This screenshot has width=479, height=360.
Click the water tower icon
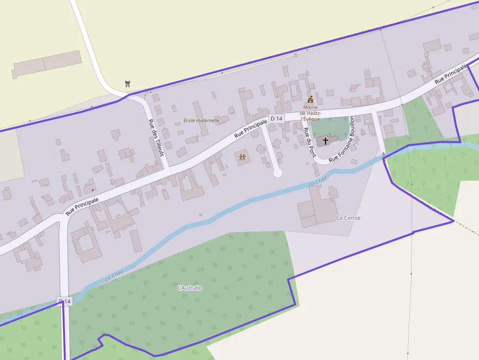128,84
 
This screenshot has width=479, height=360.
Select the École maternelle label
201,120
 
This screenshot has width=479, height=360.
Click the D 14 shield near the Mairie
276,119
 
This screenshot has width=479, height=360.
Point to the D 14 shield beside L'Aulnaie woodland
65,301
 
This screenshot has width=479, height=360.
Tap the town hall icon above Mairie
310,99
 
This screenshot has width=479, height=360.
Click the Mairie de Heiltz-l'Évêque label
310,113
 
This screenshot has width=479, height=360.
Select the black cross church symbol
326,141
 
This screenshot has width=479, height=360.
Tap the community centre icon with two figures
242,157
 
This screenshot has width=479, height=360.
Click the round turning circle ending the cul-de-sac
277,172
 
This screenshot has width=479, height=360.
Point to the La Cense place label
348,218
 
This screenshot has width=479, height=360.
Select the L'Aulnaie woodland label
190,288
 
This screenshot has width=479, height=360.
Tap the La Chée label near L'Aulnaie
114,276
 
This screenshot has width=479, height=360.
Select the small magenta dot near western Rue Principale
92,190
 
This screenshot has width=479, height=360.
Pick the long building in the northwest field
46,64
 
